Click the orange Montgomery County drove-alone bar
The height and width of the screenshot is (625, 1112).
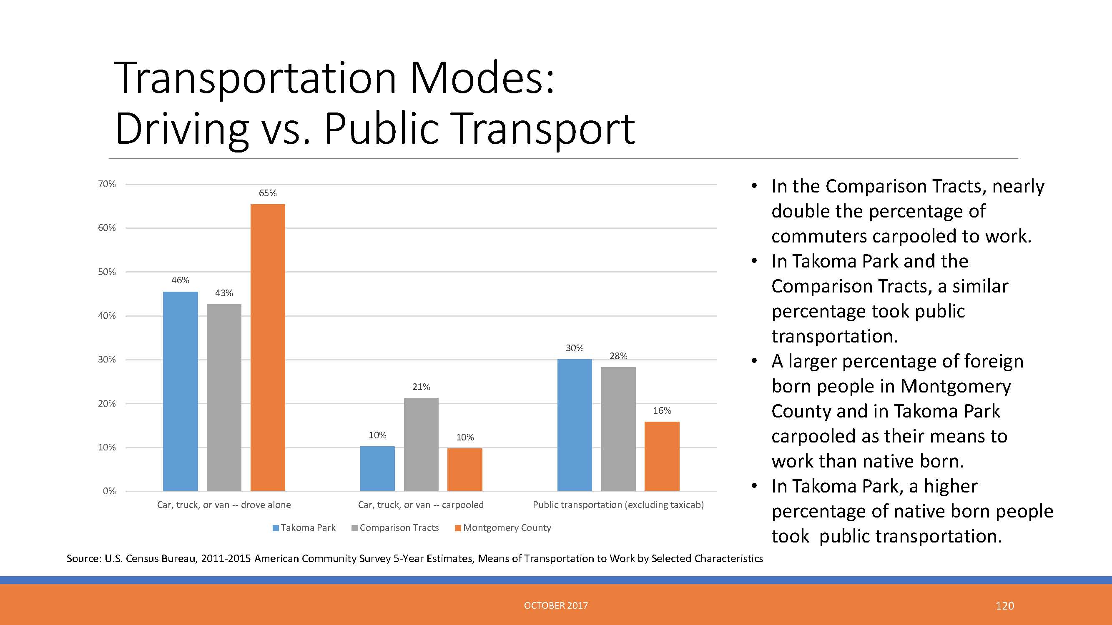(x=268, y=347)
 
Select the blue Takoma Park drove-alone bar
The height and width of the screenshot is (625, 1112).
(x=181, y=391)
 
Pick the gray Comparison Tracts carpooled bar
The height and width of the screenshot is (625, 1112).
(x=421, y=444)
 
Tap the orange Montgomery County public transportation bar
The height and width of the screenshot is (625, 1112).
(x=662, y=456)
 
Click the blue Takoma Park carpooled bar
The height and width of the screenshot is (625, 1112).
(x=377, y=468)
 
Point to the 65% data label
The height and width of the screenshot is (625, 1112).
(x=268, y=193)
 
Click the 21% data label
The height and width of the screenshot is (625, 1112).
(x=421, y=387)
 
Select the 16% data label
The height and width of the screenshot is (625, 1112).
(x=662, y=410)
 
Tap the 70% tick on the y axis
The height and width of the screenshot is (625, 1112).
(x=107, y=184)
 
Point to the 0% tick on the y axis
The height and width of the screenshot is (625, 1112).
(x=109, y=491)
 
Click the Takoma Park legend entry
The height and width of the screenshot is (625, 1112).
(x=304, y=527)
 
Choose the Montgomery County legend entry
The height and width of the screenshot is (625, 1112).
(x=503, y=527)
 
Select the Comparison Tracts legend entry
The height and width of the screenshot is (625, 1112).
(x=395, y=527)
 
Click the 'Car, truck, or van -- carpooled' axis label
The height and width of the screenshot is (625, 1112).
(x=421, y=505)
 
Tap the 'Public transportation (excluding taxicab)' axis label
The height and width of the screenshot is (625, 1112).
(x=618, y=505)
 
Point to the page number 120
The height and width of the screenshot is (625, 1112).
(x=1004, y=605)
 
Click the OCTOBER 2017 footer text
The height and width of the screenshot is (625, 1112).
(x=556, y=605)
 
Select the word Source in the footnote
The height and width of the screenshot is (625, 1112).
(x=84, y=559)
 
